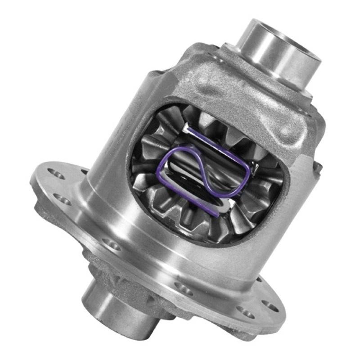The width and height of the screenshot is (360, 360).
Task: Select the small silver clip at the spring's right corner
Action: pos(255,167)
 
